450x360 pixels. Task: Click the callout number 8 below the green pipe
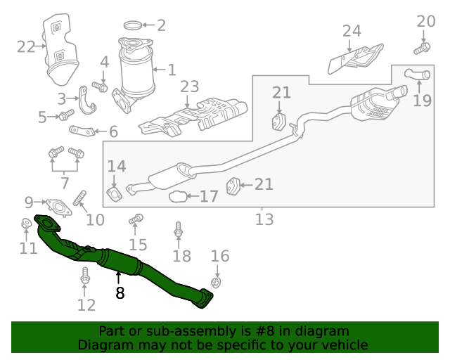click(120, 293)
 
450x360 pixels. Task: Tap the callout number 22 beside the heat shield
click(26, 47)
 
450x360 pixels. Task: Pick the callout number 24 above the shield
click(352, 30)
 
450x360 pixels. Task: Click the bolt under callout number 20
click(423, 49)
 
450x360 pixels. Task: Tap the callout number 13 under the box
click(264, 219)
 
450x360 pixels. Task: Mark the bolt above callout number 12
click(86, 276)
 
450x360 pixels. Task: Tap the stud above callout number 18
click(178, 229)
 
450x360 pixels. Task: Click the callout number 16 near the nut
click(220, 256)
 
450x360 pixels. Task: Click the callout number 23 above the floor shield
click(190, 87)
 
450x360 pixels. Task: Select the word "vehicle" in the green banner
click(345, 345)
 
